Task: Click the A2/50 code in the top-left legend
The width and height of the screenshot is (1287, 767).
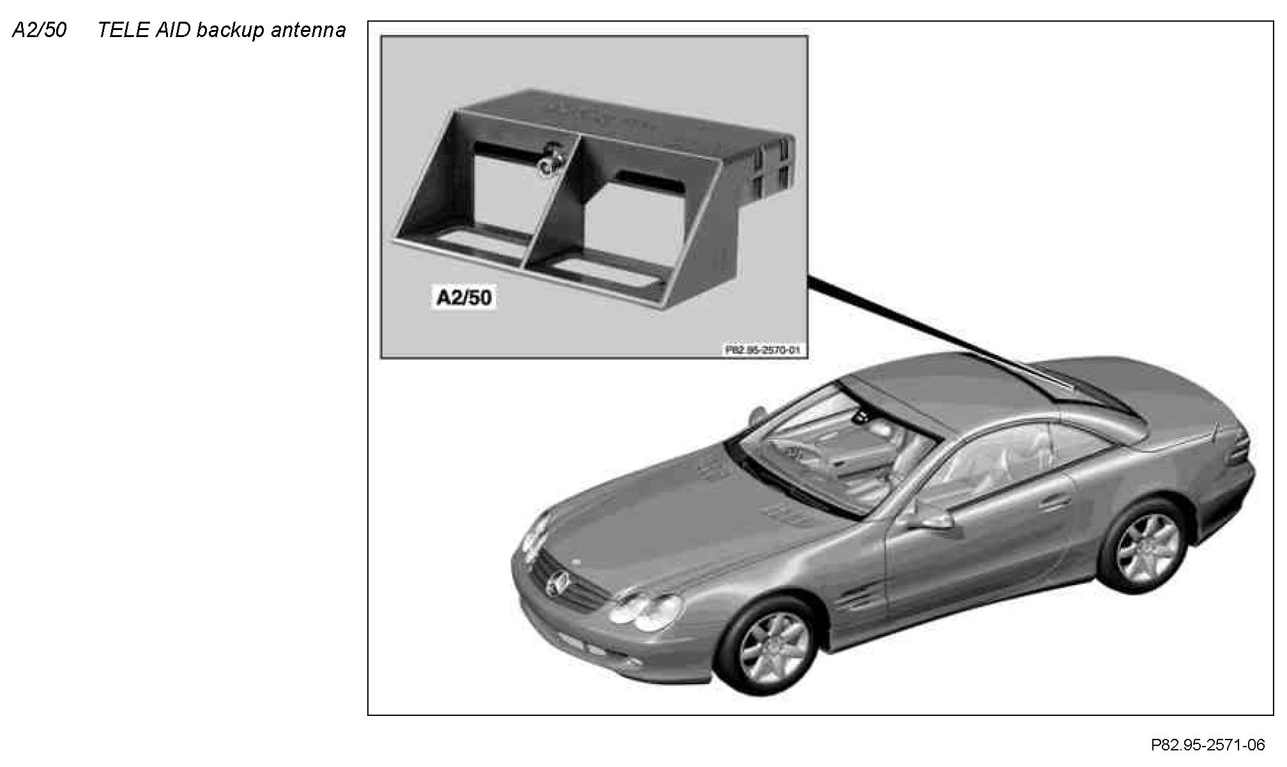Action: click(x=39, y=30)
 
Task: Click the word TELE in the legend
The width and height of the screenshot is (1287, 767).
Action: click(x=122, y=30)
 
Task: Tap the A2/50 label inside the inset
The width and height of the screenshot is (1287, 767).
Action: click(x=464, y=298)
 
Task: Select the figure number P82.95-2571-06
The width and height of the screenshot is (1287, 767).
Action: click(x=1207, y=745)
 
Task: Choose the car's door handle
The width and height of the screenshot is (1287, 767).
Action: click(x=1054, y=502)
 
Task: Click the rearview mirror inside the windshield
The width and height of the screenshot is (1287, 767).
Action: click(x=864, y=418)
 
